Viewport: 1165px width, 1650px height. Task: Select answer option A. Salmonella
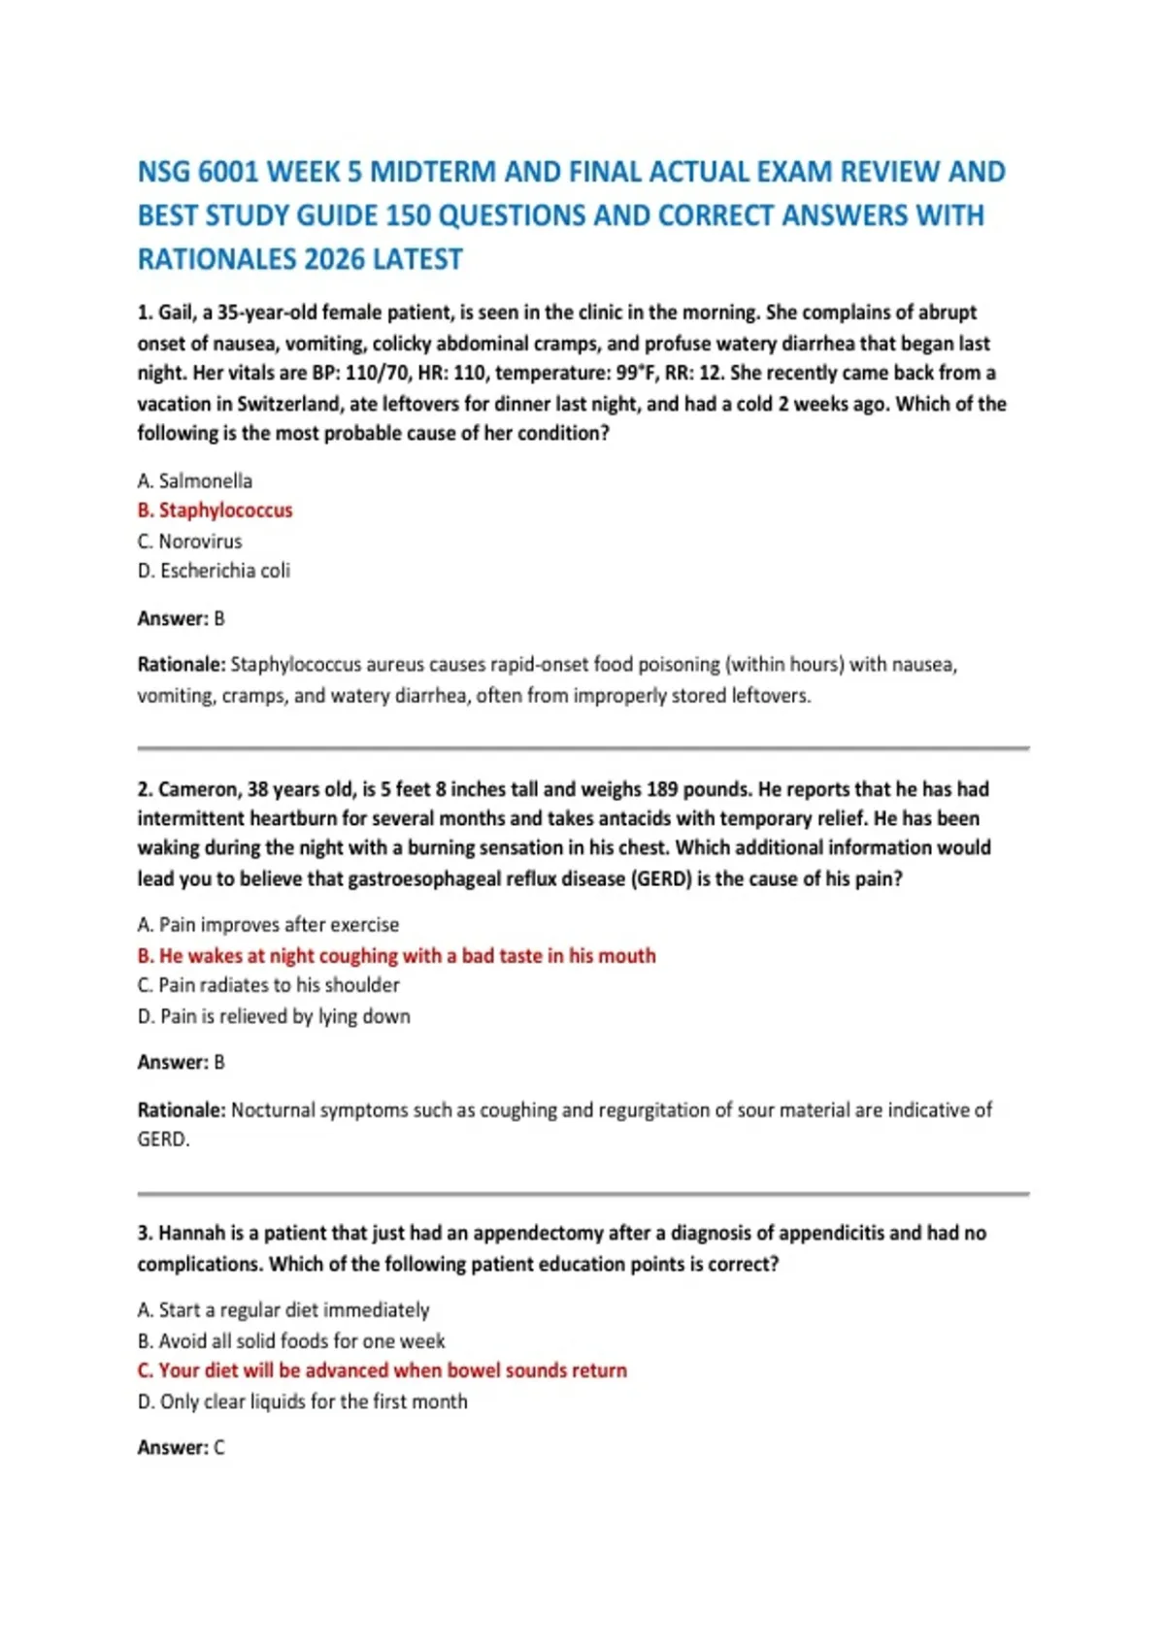195,480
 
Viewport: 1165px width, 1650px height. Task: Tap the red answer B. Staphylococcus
216,511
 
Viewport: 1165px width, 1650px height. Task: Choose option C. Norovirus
190,541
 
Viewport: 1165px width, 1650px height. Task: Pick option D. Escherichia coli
215,571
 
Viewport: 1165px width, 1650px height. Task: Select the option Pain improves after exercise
269,925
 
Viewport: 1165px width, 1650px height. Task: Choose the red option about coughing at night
397,956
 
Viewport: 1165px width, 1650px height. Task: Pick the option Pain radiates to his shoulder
269,985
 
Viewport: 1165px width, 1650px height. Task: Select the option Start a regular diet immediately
283,1310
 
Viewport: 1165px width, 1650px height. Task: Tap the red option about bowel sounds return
383,1370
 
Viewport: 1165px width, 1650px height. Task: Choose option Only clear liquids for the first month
303,1402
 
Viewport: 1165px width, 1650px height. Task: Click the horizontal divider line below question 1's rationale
582,748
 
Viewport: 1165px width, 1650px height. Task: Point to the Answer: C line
182,1447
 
